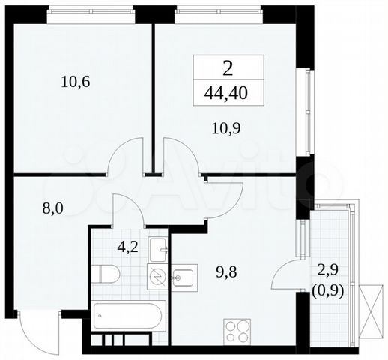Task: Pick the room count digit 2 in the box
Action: pos(229,70)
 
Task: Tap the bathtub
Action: pos(130,318)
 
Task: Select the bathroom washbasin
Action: pos(160,247)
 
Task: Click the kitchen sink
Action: pos(184,277)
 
